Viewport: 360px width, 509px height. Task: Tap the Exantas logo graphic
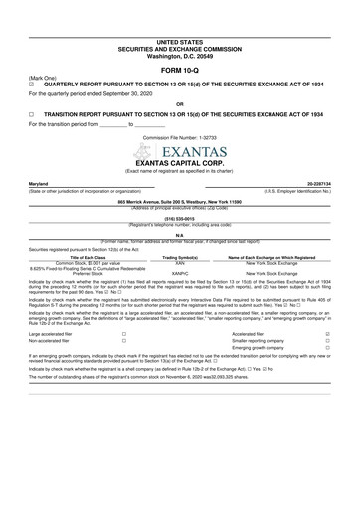pos(179,152)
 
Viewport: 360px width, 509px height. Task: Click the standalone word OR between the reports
pos(179,102)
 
